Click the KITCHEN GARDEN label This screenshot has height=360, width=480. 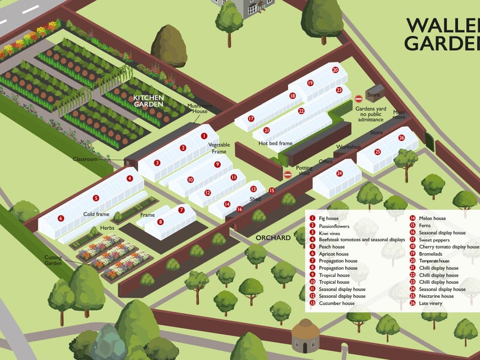[x=148, y=101]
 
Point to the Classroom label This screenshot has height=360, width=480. [x=85, y=159]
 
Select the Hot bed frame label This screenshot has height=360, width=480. [x=275, y=143]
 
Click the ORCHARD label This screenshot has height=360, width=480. [x=273, y=238]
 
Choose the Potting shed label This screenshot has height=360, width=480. [x=304, y=170]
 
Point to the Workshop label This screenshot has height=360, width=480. [x=348, y=147]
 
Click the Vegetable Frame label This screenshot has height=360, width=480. [x=219, y=148]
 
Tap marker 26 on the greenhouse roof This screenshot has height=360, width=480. [x=401, y=137]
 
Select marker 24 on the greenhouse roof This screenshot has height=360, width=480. [x=339, y=173]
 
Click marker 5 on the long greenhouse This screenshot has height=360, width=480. [x=95, y=197]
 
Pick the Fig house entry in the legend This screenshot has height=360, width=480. [x=332, y=218]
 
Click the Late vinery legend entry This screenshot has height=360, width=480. [x=430, y=303]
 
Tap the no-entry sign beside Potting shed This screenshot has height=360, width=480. [x=287, y=174]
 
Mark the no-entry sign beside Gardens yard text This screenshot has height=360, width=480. [x=359, y=98]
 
